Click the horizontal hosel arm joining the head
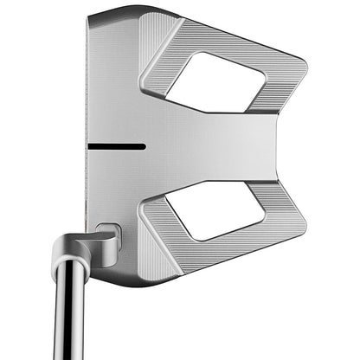coord(87,243)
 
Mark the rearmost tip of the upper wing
coord(304,64)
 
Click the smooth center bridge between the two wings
coord(216,143)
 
